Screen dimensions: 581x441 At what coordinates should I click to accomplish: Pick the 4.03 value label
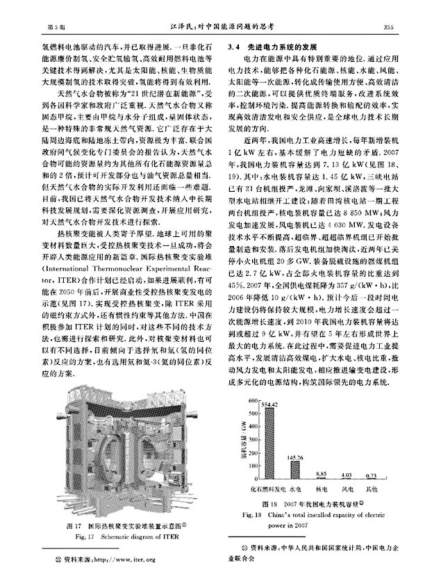tap(345, 475)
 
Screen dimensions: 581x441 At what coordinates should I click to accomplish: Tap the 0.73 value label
tap(372, 475)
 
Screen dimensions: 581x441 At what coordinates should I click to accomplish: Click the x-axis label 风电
tap(345, 488)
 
